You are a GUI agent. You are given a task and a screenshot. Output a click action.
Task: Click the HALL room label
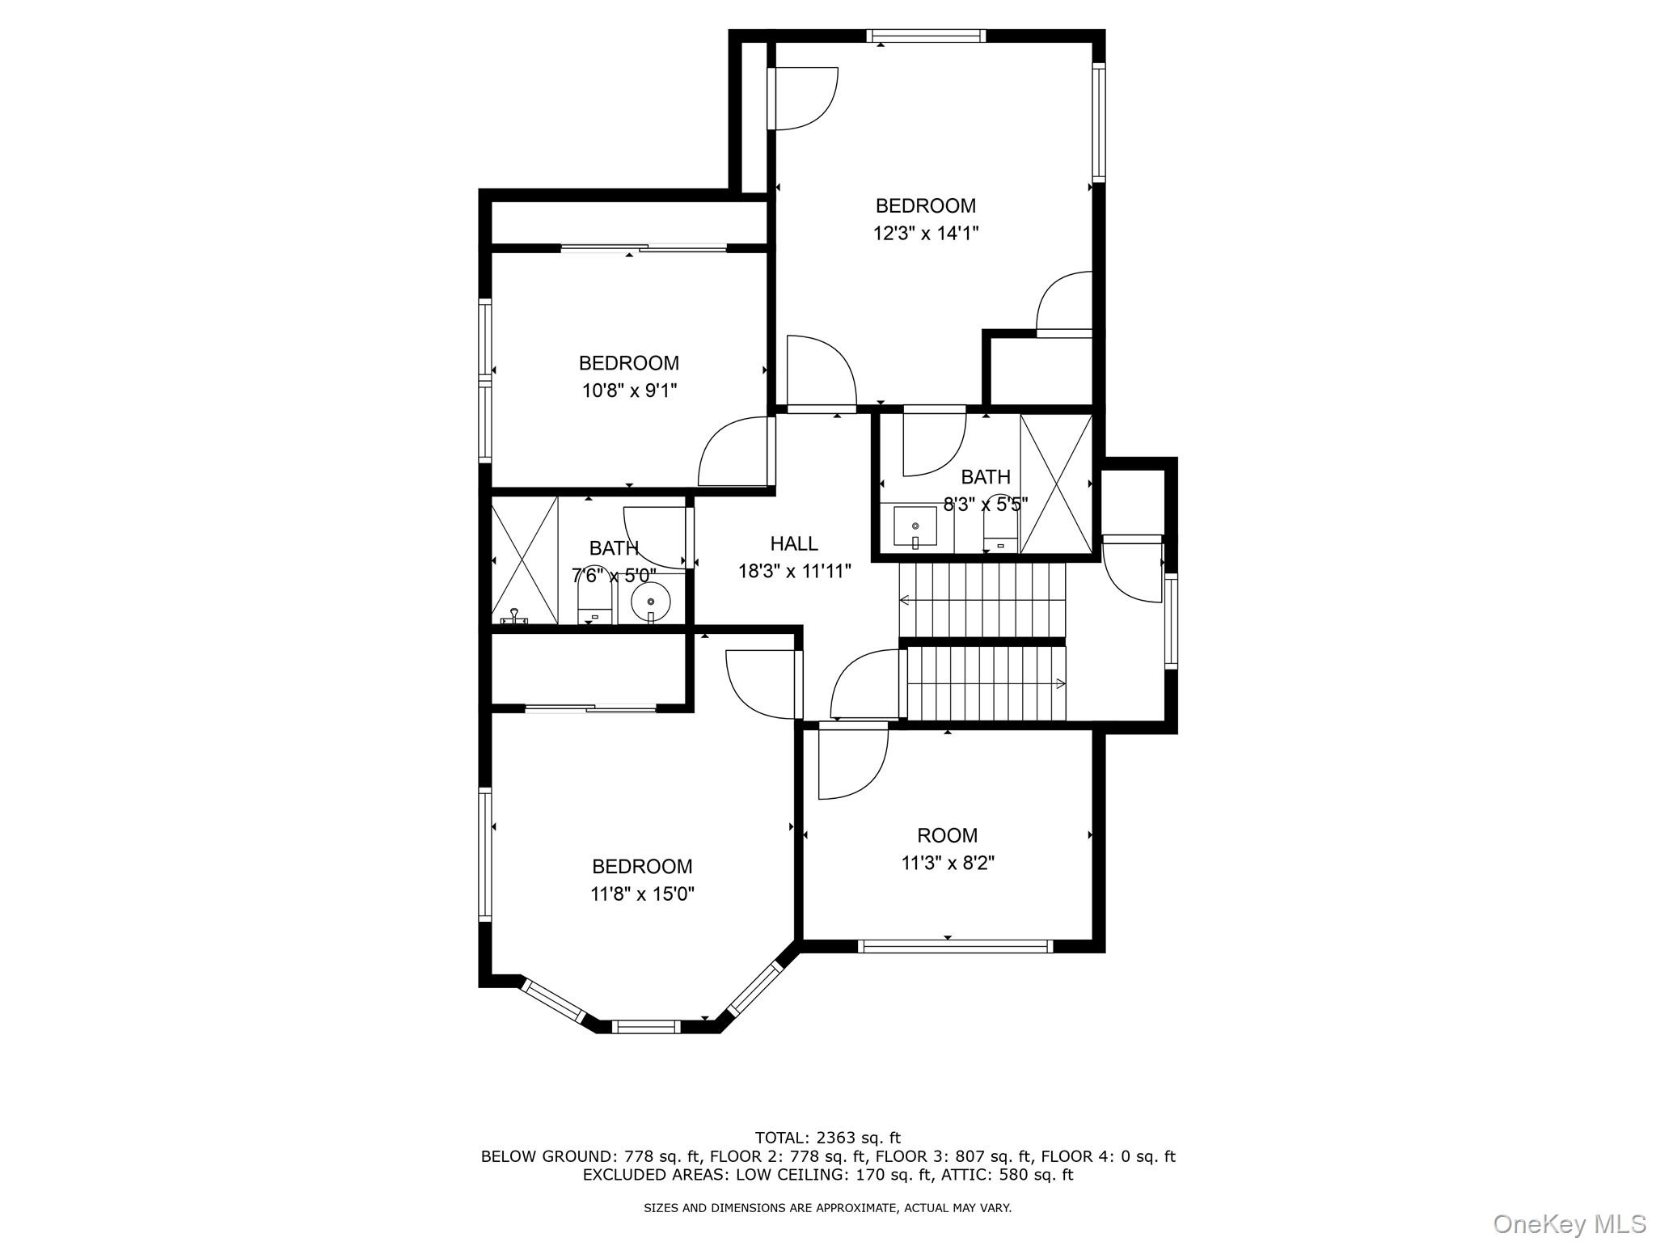pos(793,543)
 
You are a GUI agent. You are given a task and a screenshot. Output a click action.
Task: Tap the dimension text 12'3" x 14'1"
pos(925,234)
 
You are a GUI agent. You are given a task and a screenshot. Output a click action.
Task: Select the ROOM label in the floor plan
pos(947,835)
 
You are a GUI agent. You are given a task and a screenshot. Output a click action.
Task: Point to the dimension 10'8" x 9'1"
pos(629,391)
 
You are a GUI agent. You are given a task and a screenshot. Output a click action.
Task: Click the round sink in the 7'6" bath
pos(651,602)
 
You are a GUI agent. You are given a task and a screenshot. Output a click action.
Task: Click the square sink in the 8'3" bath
pos(915,527)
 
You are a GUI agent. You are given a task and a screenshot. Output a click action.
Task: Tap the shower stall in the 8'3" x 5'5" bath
pos(1056,484)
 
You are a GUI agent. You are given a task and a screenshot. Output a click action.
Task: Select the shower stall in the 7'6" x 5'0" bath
pos(524,560)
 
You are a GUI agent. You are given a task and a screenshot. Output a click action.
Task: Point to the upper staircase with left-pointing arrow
pos(982,599)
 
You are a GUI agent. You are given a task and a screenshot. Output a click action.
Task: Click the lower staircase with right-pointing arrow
pos(986,683)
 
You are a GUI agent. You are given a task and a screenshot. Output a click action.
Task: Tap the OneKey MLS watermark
pos(1569,1223)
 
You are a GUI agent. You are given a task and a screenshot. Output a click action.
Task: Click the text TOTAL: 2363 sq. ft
pos(827,1138)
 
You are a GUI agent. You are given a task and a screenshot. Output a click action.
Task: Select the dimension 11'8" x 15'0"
pos(642,893)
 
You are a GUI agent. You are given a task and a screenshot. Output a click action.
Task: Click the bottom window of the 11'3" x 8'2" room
pos(955,946)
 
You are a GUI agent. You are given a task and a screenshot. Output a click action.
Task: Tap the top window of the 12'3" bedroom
pos(926,36)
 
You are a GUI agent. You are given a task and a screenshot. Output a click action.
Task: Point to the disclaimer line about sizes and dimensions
pos(827,1208)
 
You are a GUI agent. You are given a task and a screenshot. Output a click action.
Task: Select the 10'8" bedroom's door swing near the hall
pos(732,453)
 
